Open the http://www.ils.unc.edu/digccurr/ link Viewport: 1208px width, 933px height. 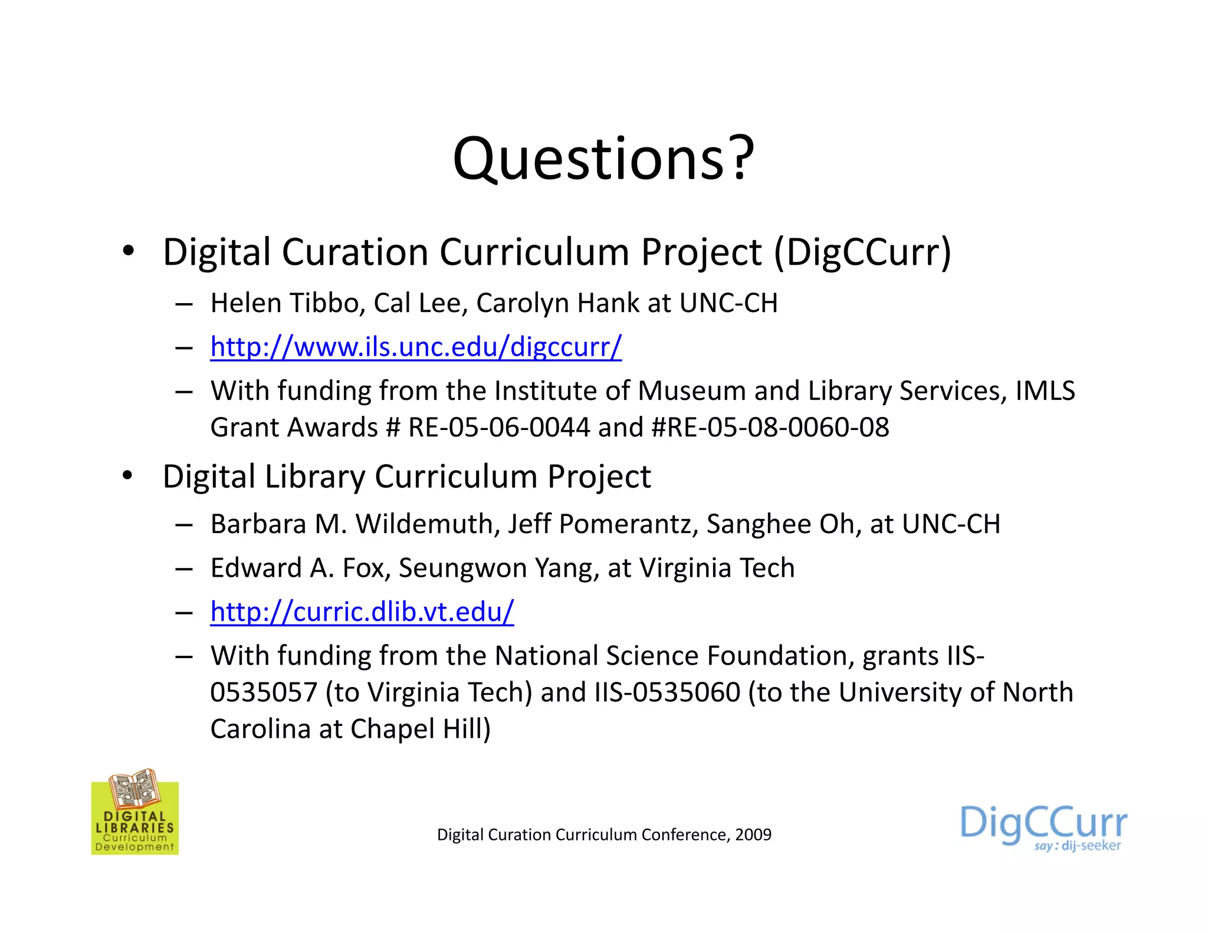416,347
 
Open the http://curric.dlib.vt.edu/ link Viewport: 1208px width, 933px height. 362,612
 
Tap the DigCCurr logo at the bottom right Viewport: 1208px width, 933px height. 1043,826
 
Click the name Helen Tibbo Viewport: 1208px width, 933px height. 284,303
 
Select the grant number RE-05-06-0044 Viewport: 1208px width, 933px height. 499,428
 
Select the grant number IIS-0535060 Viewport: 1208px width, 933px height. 667,693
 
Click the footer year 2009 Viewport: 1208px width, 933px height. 753,835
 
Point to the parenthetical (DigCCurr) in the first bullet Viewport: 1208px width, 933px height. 862,252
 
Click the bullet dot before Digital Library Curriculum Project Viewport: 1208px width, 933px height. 127,475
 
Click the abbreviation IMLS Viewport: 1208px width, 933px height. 1045,391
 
